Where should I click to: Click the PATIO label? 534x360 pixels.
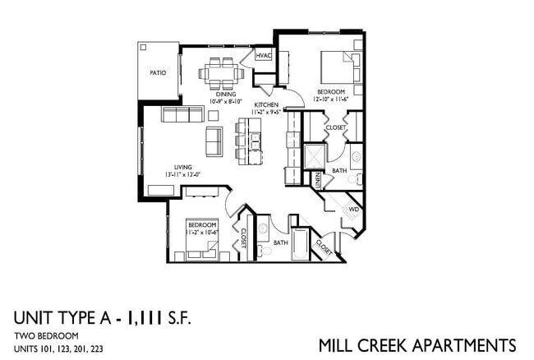(158, 73)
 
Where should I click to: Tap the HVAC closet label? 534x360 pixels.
(263, 55)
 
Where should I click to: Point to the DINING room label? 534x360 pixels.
(226, 95)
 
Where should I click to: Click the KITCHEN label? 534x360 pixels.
(265, 105)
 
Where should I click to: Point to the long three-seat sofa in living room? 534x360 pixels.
(182, 114)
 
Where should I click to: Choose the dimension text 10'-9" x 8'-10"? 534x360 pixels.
(226, 102)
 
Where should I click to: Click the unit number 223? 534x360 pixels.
(96, 349)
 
